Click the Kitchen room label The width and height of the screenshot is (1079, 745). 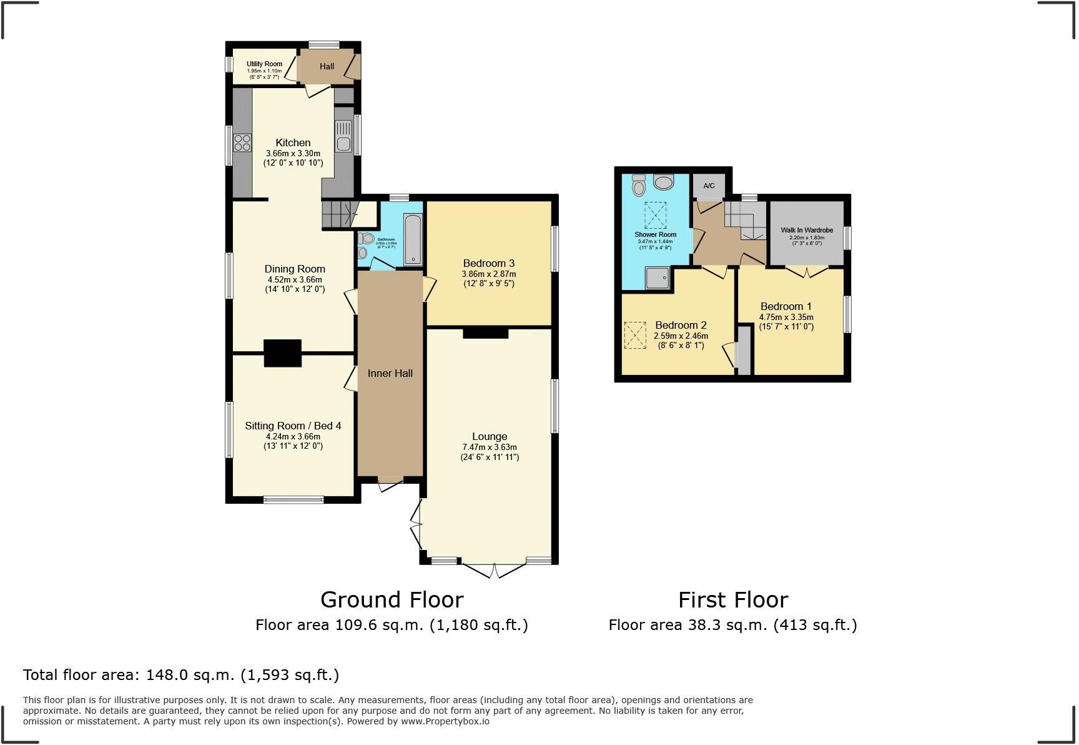point(293,142)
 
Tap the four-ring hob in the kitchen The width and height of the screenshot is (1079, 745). point(242,143)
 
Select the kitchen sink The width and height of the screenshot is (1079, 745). point(343,136)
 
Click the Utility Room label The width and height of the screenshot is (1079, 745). point(264,64)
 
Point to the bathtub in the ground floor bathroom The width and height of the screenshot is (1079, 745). point(413,239)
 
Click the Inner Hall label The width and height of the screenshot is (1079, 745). point(390,373)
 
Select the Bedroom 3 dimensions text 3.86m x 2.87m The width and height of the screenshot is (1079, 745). point(488,274)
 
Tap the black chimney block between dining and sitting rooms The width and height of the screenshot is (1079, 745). point(282,353)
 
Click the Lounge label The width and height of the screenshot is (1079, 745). point(490,436)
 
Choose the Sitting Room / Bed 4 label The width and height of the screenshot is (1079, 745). point(293,426)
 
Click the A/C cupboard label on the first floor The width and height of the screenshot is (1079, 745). point(709,186)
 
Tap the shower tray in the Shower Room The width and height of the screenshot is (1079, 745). point(657,277)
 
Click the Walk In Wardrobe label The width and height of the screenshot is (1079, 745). point(807,230)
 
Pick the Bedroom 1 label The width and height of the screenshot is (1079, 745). point(786,306)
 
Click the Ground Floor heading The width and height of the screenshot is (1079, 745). point(392,599)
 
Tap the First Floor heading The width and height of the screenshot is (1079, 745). point(733,599)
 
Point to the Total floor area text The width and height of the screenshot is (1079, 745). point(181,675)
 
